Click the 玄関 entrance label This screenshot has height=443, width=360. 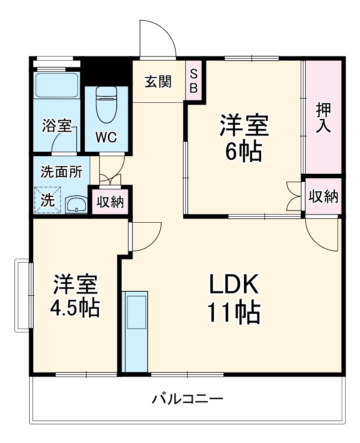point(158,82)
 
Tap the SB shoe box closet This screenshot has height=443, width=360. point(193,81)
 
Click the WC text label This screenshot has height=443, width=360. point(106,137)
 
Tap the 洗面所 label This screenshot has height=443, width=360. point(61,171)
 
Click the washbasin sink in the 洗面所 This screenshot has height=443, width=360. point(77,205)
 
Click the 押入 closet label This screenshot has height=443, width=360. point(323,118)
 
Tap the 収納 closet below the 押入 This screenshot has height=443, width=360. point(323,197)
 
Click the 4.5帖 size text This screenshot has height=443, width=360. point(75,308)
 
